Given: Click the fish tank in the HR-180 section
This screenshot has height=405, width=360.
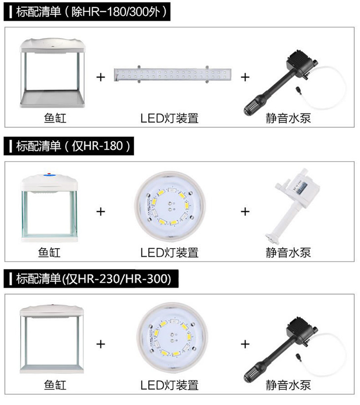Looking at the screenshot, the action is pos(49,207).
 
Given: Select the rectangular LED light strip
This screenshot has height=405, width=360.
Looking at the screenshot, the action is pos(173,74).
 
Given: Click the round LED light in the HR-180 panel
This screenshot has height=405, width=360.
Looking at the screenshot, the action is pos(170,206).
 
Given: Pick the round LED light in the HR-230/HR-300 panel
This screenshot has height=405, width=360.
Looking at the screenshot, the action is pos(172,338).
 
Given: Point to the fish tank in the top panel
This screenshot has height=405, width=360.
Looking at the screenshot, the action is pos(52,73).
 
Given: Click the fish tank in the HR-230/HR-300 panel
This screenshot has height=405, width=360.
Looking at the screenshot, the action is pos(52,339).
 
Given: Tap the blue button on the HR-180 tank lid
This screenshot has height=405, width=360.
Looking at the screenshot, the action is pos(49,175).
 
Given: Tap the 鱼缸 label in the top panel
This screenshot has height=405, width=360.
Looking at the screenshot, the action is pos(55,118).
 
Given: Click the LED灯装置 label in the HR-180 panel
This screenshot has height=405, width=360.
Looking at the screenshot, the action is pos(170,253).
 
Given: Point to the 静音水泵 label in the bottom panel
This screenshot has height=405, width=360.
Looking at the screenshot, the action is pos(288,385).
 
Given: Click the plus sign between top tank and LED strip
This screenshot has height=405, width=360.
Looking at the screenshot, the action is pos(101,77).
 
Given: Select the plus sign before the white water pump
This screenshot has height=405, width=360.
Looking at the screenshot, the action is pos(245,212).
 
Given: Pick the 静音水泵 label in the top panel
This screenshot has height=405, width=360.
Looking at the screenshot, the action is pos(288,118).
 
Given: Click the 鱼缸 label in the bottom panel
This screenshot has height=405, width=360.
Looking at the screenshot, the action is pos(55,385).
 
